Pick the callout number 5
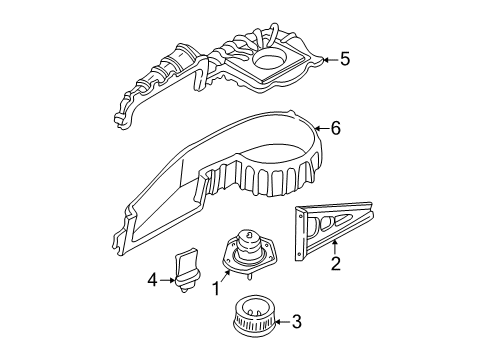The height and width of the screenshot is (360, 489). [344, 59]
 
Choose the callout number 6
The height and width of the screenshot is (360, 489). [336, 128]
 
